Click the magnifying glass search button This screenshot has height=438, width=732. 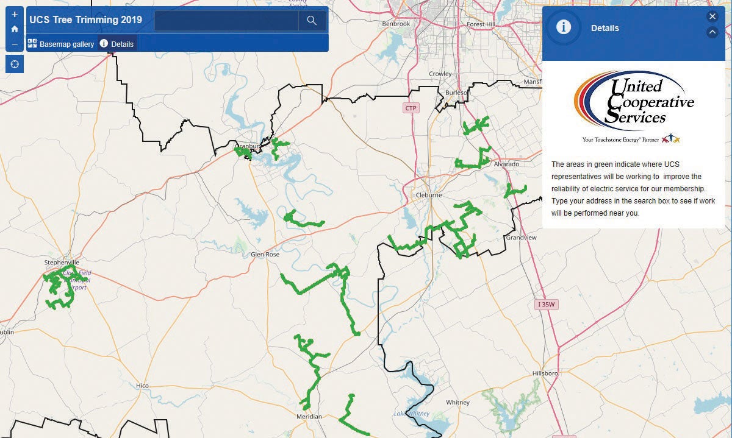(x=312, y=21)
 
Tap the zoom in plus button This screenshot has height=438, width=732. (x=15, y=14)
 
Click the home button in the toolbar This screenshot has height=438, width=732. (x=15, y=29)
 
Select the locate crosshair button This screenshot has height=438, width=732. (x=15, y=64)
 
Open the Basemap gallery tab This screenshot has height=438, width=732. (x=61, y=44)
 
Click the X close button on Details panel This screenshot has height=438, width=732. (x=712, y=16)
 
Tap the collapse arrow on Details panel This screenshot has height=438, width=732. (x=712, y=32)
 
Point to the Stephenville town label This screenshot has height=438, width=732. (x=62, y=263)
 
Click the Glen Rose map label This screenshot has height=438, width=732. (x=265, y=255)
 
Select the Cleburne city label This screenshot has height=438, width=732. (x=429, y=195)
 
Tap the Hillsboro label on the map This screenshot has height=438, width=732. (x=545, y=373)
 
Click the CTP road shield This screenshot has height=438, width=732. (x=412, y=108)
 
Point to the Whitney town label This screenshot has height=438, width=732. (x=457, y=403)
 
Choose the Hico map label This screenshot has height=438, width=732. (x=142, y=386)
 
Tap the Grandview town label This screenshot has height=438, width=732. (x=521, y=238)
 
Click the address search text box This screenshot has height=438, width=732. (x=226, y=21)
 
